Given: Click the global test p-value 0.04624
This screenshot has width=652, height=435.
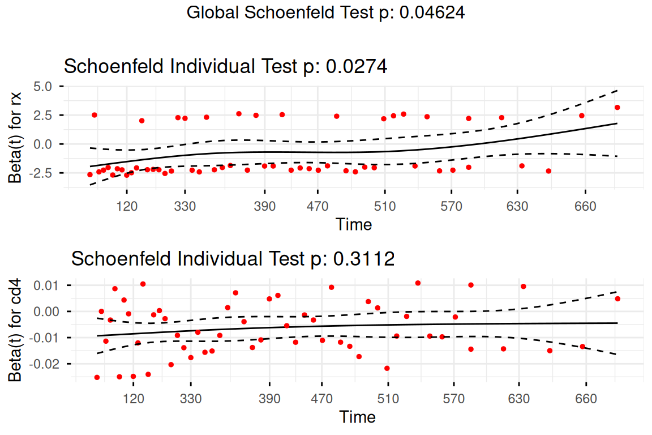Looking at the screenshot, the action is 432,12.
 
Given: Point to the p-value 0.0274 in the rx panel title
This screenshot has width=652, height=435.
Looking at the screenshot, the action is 357,66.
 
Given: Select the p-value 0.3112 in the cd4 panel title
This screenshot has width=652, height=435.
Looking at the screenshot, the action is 364,258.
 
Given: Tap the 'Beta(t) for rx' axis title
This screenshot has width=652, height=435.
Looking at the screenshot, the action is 15,138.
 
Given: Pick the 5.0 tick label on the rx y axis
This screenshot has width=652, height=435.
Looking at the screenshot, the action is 43,86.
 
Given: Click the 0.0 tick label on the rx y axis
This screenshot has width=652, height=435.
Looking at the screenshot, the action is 43,144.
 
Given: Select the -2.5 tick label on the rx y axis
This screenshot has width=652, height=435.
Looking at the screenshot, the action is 40,173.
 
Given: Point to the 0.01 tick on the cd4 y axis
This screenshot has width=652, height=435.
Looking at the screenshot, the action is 46,285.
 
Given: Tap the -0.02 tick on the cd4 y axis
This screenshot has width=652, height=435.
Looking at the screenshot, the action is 44,364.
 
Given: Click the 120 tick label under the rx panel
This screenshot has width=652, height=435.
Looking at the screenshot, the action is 127,206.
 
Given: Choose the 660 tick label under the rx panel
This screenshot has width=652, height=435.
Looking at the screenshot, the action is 585,206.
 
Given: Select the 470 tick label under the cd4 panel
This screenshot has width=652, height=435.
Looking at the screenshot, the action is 322,399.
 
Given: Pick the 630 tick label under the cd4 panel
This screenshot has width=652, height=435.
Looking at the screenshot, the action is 519,399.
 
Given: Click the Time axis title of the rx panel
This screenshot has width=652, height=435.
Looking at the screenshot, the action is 354,224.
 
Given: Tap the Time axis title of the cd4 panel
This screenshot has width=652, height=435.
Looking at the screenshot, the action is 358,417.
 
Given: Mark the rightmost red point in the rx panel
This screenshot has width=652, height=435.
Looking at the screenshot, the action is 617,108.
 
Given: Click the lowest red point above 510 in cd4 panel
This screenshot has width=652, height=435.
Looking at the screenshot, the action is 387,368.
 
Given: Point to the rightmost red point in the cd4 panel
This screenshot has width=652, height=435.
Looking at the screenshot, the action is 617,298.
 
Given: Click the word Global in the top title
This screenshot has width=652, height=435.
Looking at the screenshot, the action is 213,12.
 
